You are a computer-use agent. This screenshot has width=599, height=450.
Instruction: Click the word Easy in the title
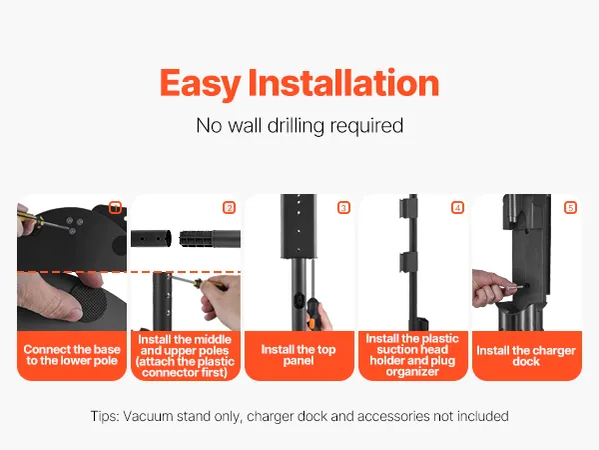pyautogui.click(x=200, y=84)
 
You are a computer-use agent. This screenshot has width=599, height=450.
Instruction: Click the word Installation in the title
pyautogui.click(x=343, y=83)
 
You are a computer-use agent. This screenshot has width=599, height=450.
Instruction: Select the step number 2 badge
pyautogui.click(x=230, y=208)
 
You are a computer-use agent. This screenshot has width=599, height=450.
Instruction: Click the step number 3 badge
pyautogui.click(x=343, y=208)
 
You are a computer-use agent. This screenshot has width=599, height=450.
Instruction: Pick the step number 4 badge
pyautogui.click(x=457, y=208)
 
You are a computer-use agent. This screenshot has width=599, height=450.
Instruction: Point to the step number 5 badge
pyautogui.click(x=570, y=208)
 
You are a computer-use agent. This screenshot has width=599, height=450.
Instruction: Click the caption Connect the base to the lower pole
pyautogui.click(x=72, y=355)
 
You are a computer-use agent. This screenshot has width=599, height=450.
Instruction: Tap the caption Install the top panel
pyautogui.click(x=299, y=355)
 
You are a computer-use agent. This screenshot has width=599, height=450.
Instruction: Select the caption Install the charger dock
pyautogui.click(x=526, y=356)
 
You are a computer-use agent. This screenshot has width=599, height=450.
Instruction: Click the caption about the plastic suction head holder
pyautogui.click(x=412, y=355)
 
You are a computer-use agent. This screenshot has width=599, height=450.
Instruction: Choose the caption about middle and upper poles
pyautogui.click(x=185, y=356)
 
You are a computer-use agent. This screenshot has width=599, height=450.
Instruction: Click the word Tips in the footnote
pyautogui.click(x=104, y=416)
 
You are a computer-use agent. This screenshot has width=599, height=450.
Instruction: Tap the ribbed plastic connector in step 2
pyautogui.click(x=196, y=239)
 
